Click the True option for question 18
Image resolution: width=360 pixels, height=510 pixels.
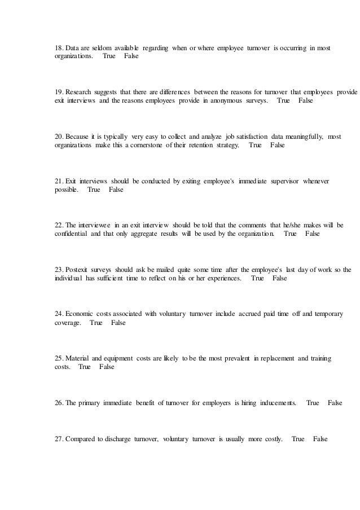tap(109, 57)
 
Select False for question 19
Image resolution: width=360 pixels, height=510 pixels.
tap(305, 101)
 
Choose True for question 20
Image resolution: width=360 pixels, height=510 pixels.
tap(255, 145)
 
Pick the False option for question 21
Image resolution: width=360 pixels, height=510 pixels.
tap(116, 190)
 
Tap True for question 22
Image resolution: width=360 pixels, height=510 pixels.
tap(291, 234)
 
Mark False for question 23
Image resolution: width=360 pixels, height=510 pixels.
tap(279, 278)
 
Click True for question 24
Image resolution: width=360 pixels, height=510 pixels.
tap(96, 323)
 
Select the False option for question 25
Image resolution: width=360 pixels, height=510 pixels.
tap(107, 367)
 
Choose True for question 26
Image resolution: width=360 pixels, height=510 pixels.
tap(313, 403)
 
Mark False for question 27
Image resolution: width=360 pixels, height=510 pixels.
tap(320, 439)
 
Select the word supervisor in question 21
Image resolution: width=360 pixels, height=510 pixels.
tap(281, 181)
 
